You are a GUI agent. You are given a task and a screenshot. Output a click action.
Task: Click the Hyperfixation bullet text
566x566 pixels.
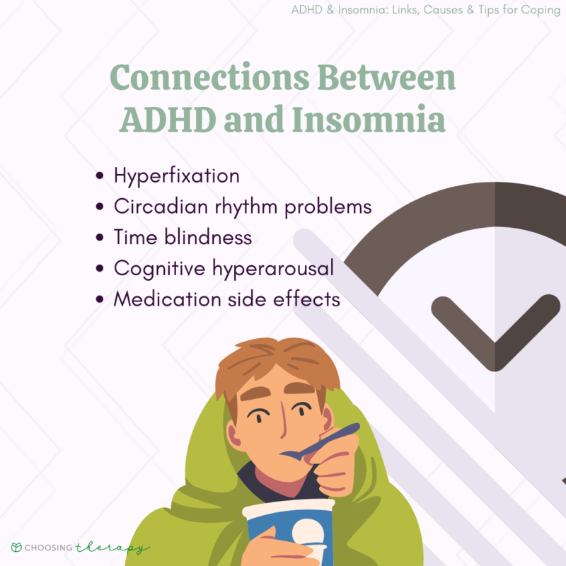(x=177, y=175)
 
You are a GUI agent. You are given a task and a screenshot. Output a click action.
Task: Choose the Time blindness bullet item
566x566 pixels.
(x=183, y=237)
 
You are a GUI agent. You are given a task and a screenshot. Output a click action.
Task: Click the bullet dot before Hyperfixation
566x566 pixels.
(x=100, y=176)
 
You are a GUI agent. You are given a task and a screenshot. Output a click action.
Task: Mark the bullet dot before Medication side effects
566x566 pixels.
(x=100, y=299)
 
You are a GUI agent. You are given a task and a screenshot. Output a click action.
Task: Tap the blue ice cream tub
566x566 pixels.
(x=283, y=531)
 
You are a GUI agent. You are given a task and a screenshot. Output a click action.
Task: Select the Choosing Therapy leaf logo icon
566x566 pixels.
(x=16, y=548)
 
